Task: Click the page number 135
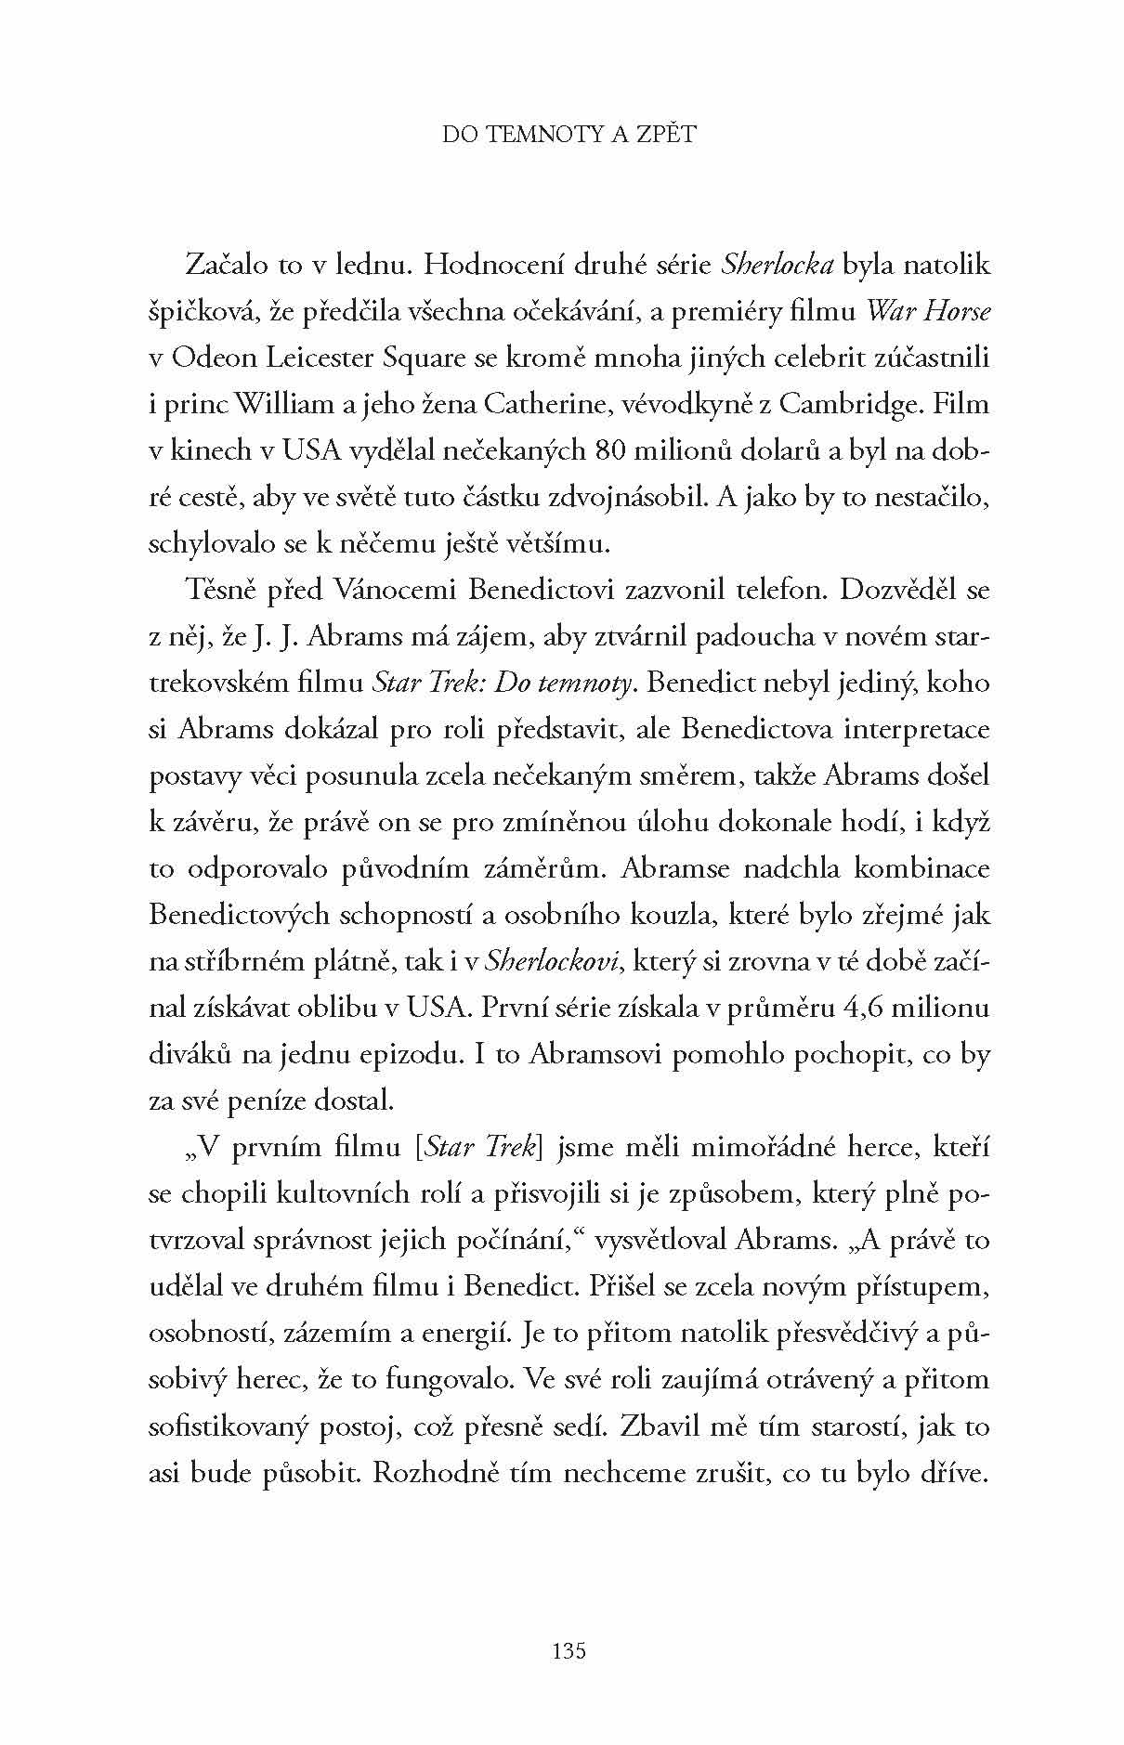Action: tap(569, 1651)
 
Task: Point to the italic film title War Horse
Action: tap(928, 311)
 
